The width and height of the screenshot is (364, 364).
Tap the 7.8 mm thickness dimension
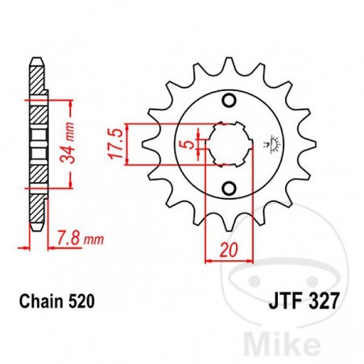pyautogui.click(x=78, y=239)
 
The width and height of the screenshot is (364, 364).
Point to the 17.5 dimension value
pyautogui.click(x=115, y=143)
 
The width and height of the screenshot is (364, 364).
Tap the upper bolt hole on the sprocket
pyautogui.click(x=229, y=101)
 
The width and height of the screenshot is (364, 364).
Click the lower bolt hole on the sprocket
pyautogui.click(x=229, y=188)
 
